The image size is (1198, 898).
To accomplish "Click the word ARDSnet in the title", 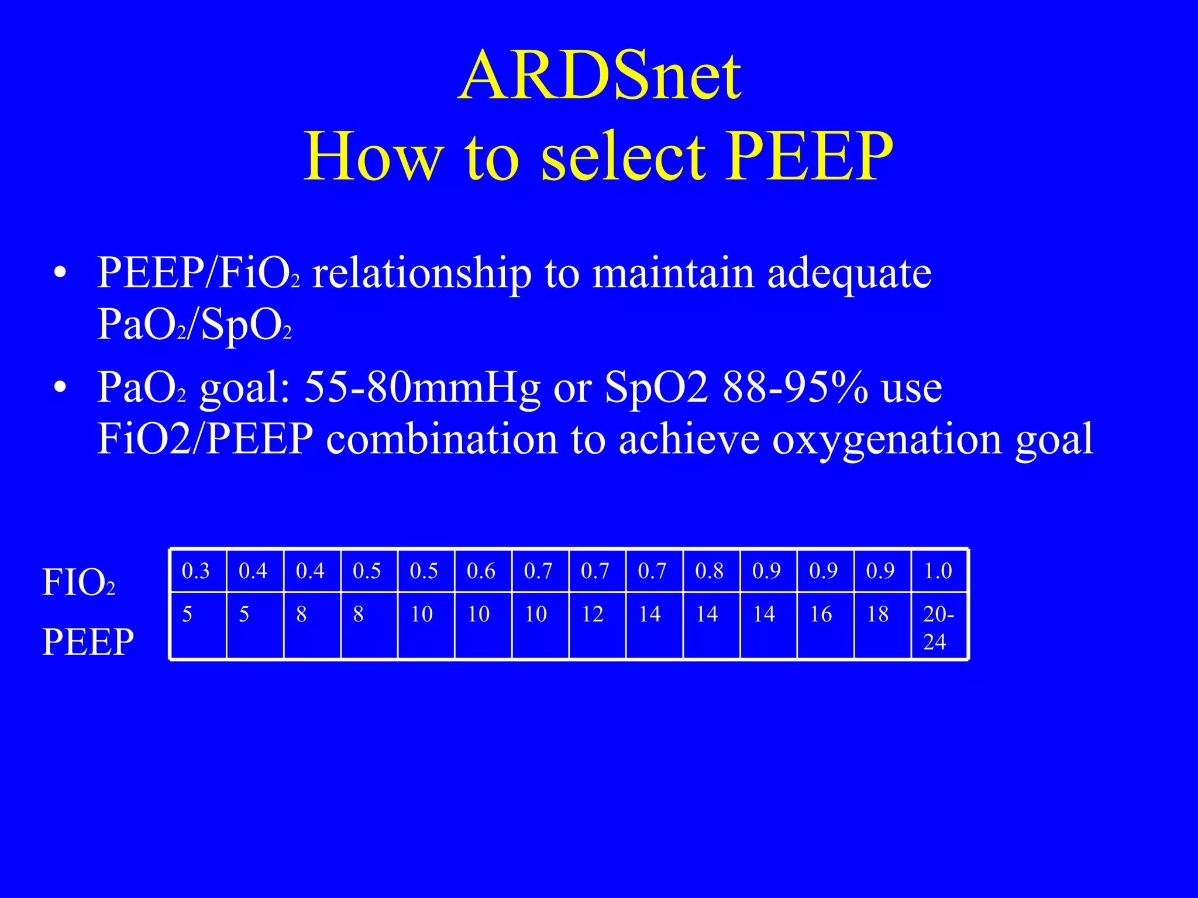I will coord(600,76).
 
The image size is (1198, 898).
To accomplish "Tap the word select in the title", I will coord(623,157).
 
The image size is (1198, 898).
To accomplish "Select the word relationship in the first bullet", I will coord(422,273).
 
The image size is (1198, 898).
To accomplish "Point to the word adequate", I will coord(849,273).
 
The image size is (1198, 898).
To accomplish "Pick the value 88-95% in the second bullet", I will coord(795,388).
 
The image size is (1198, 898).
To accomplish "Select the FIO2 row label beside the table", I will coord(78,583).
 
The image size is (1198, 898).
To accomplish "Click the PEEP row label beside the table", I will coord(88,641).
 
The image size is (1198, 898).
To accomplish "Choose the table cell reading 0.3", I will coord(196,571).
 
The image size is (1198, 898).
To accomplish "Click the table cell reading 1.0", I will coord(938,571).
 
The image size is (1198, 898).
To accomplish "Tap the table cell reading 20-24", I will coord(938,627).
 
